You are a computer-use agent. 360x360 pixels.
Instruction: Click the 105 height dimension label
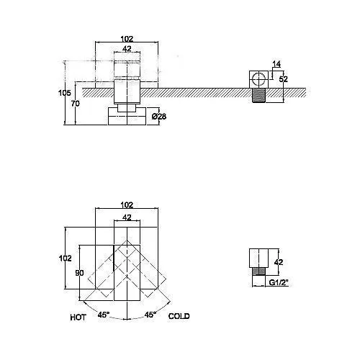click(x=65, y=93)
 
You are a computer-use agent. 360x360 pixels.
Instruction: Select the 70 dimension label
click(x=76, y=104)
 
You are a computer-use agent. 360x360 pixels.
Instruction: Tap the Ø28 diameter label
click(x=159, y=117)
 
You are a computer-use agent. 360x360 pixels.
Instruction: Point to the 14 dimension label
click(x=276, y=64)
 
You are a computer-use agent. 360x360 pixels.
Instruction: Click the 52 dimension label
click(x=284, y=79)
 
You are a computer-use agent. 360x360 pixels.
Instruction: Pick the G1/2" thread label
click(x=278, y=283)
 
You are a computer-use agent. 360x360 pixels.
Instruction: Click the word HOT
click(x=78, y=318)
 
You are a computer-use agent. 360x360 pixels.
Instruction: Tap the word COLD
click(x=179, y=316)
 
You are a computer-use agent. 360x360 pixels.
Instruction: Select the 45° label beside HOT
click(x=104, y=315)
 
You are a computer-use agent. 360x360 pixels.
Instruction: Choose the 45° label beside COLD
click(x=150, y=315)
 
